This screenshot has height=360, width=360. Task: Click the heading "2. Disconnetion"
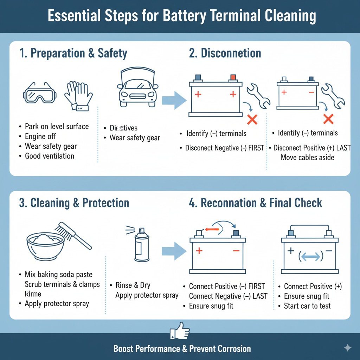tap(225, 53)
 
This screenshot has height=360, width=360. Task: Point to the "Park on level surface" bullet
tap(57, 127)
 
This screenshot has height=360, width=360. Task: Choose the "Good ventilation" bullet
tap(49, 156)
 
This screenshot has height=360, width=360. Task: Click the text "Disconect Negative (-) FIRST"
tap(224, 148)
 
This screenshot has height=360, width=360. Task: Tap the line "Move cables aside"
tap(307, 157)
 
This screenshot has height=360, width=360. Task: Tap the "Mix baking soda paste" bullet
tap(58, 274)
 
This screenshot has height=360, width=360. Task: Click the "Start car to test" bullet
tap(307, 306)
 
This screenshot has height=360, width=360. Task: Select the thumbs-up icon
tap(180, 331)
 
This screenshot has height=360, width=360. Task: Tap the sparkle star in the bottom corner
tap(347, 348)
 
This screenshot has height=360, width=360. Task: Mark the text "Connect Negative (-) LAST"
tap(228, 296)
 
